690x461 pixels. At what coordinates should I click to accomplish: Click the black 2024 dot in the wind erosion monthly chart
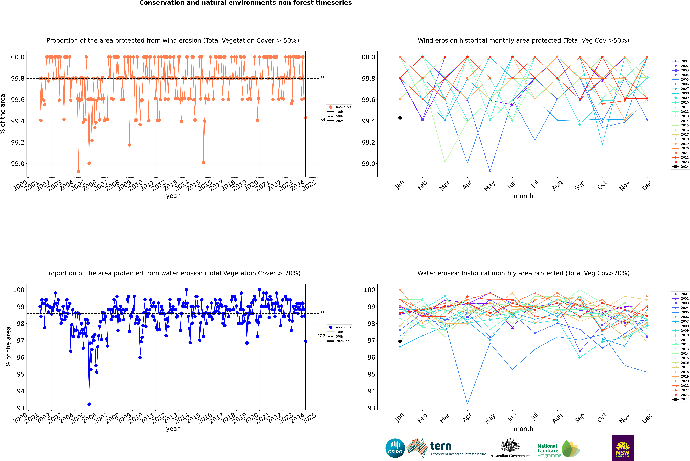(x=400, y=118)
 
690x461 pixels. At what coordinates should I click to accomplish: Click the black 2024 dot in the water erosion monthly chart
(x=400, y=341)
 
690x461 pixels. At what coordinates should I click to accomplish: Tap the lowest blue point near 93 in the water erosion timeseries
(x=89, y=404)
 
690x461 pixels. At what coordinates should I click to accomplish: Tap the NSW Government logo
(x=623, y=448)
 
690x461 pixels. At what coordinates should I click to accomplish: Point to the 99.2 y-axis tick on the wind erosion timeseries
(x=18, y=142)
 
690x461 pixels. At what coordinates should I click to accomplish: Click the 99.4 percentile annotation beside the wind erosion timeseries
(x=321, y=120)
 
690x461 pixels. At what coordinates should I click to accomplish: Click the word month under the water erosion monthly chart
(x=524, y=429)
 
